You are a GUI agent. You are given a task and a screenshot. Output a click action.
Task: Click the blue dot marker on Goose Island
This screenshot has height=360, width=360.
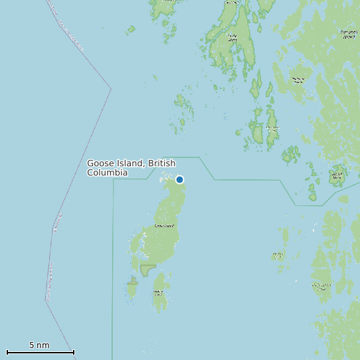179,179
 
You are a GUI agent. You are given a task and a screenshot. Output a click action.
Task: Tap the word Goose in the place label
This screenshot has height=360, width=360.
101,163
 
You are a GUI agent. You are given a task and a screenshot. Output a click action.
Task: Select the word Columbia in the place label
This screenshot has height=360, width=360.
107,173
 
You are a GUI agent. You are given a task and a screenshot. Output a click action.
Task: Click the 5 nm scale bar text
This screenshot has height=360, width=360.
39,345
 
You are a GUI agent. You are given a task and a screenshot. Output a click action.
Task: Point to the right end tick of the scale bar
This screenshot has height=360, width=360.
74,352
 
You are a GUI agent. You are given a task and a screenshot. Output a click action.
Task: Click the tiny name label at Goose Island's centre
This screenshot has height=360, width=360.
164,226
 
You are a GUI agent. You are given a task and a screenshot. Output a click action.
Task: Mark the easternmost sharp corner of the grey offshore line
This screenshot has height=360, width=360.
110,88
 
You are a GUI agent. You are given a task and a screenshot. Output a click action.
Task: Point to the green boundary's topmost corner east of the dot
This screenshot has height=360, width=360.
199,157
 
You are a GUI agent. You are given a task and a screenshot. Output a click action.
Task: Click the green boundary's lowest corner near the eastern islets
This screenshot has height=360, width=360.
296,206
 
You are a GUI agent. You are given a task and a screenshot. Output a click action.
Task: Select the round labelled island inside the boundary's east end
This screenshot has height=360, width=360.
337,177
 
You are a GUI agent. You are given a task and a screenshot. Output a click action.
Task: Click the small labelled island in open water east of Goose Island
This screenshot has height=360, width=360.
278,255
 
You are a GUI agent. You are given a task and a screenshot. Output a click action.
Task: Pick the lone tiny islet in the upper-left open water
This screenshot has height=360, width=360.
130,29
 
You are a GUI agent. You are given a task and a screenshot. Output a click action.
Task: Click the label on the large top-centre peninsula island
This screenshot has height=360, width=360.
232,37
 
